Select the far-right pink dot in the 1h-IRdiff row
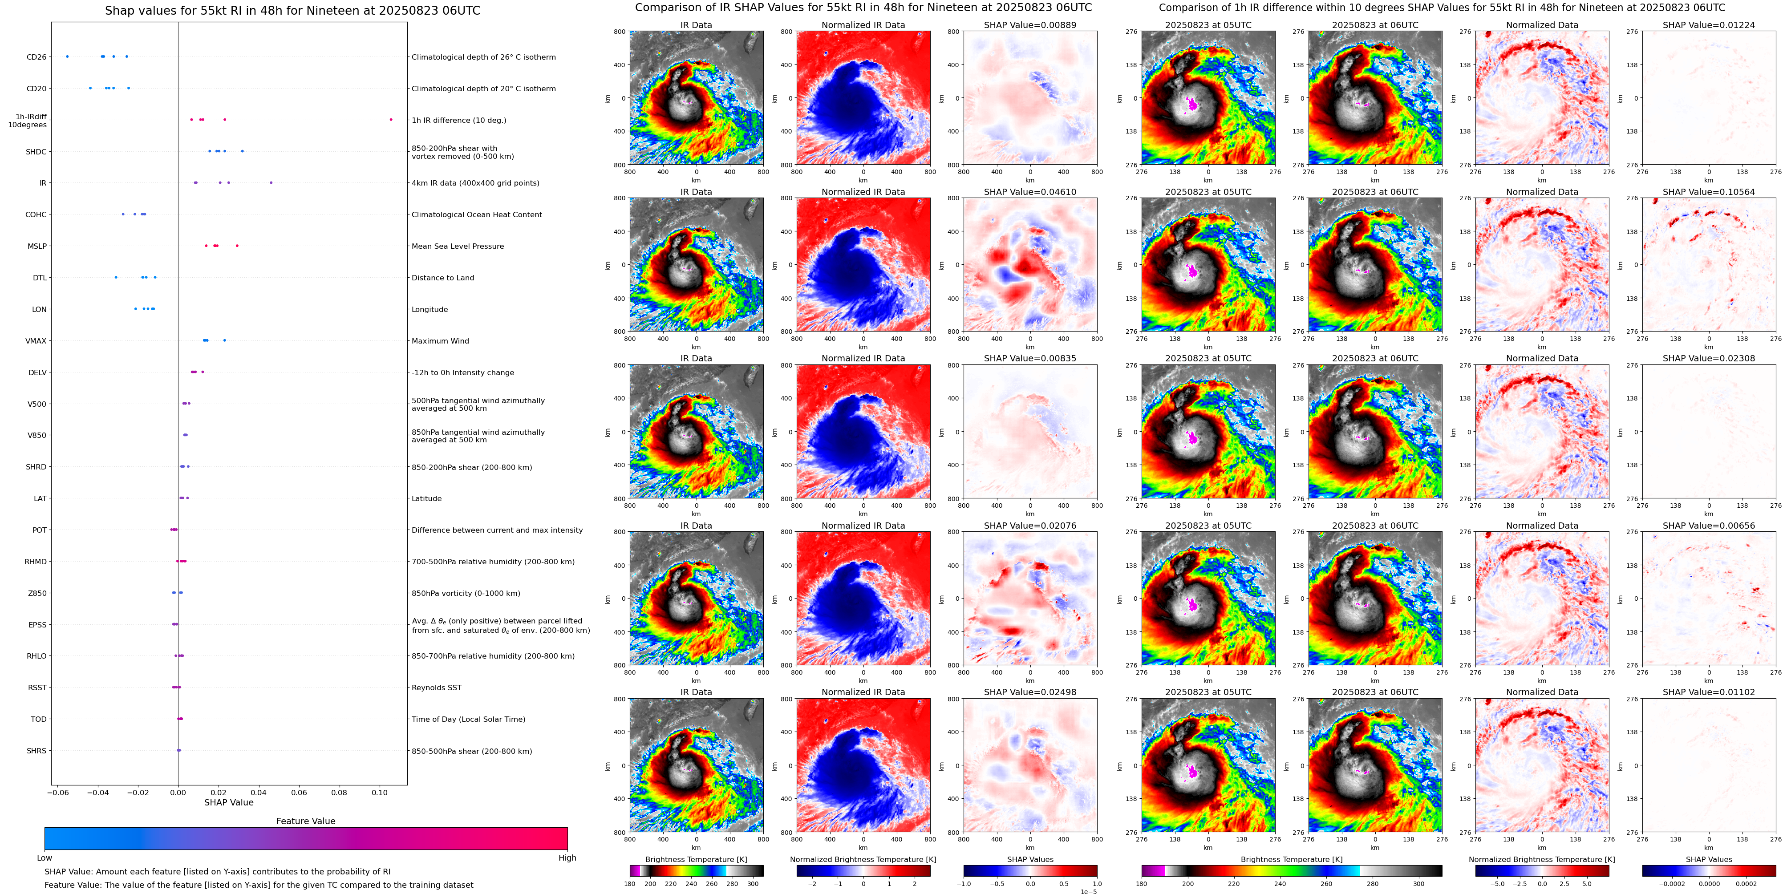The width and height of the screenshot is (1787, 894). click(391, 119)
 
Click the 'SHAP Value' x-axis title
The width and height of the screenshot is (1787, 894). click(228, 802)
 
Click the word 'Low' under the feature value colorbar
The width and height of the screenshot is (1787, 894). click(45, 858)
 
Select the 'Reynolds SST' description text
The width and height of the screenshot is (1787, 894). click(436, 688)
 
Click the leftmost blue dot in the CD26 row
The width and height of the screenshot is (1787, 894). click(67, 56)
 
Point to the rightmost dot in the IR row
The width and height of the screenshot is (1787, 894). click(271, 182)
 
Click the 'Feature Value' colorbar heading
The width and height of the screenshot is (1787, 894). click(305, 821)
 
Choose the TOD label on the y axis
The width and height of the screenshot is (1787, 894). click(38, 719)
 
